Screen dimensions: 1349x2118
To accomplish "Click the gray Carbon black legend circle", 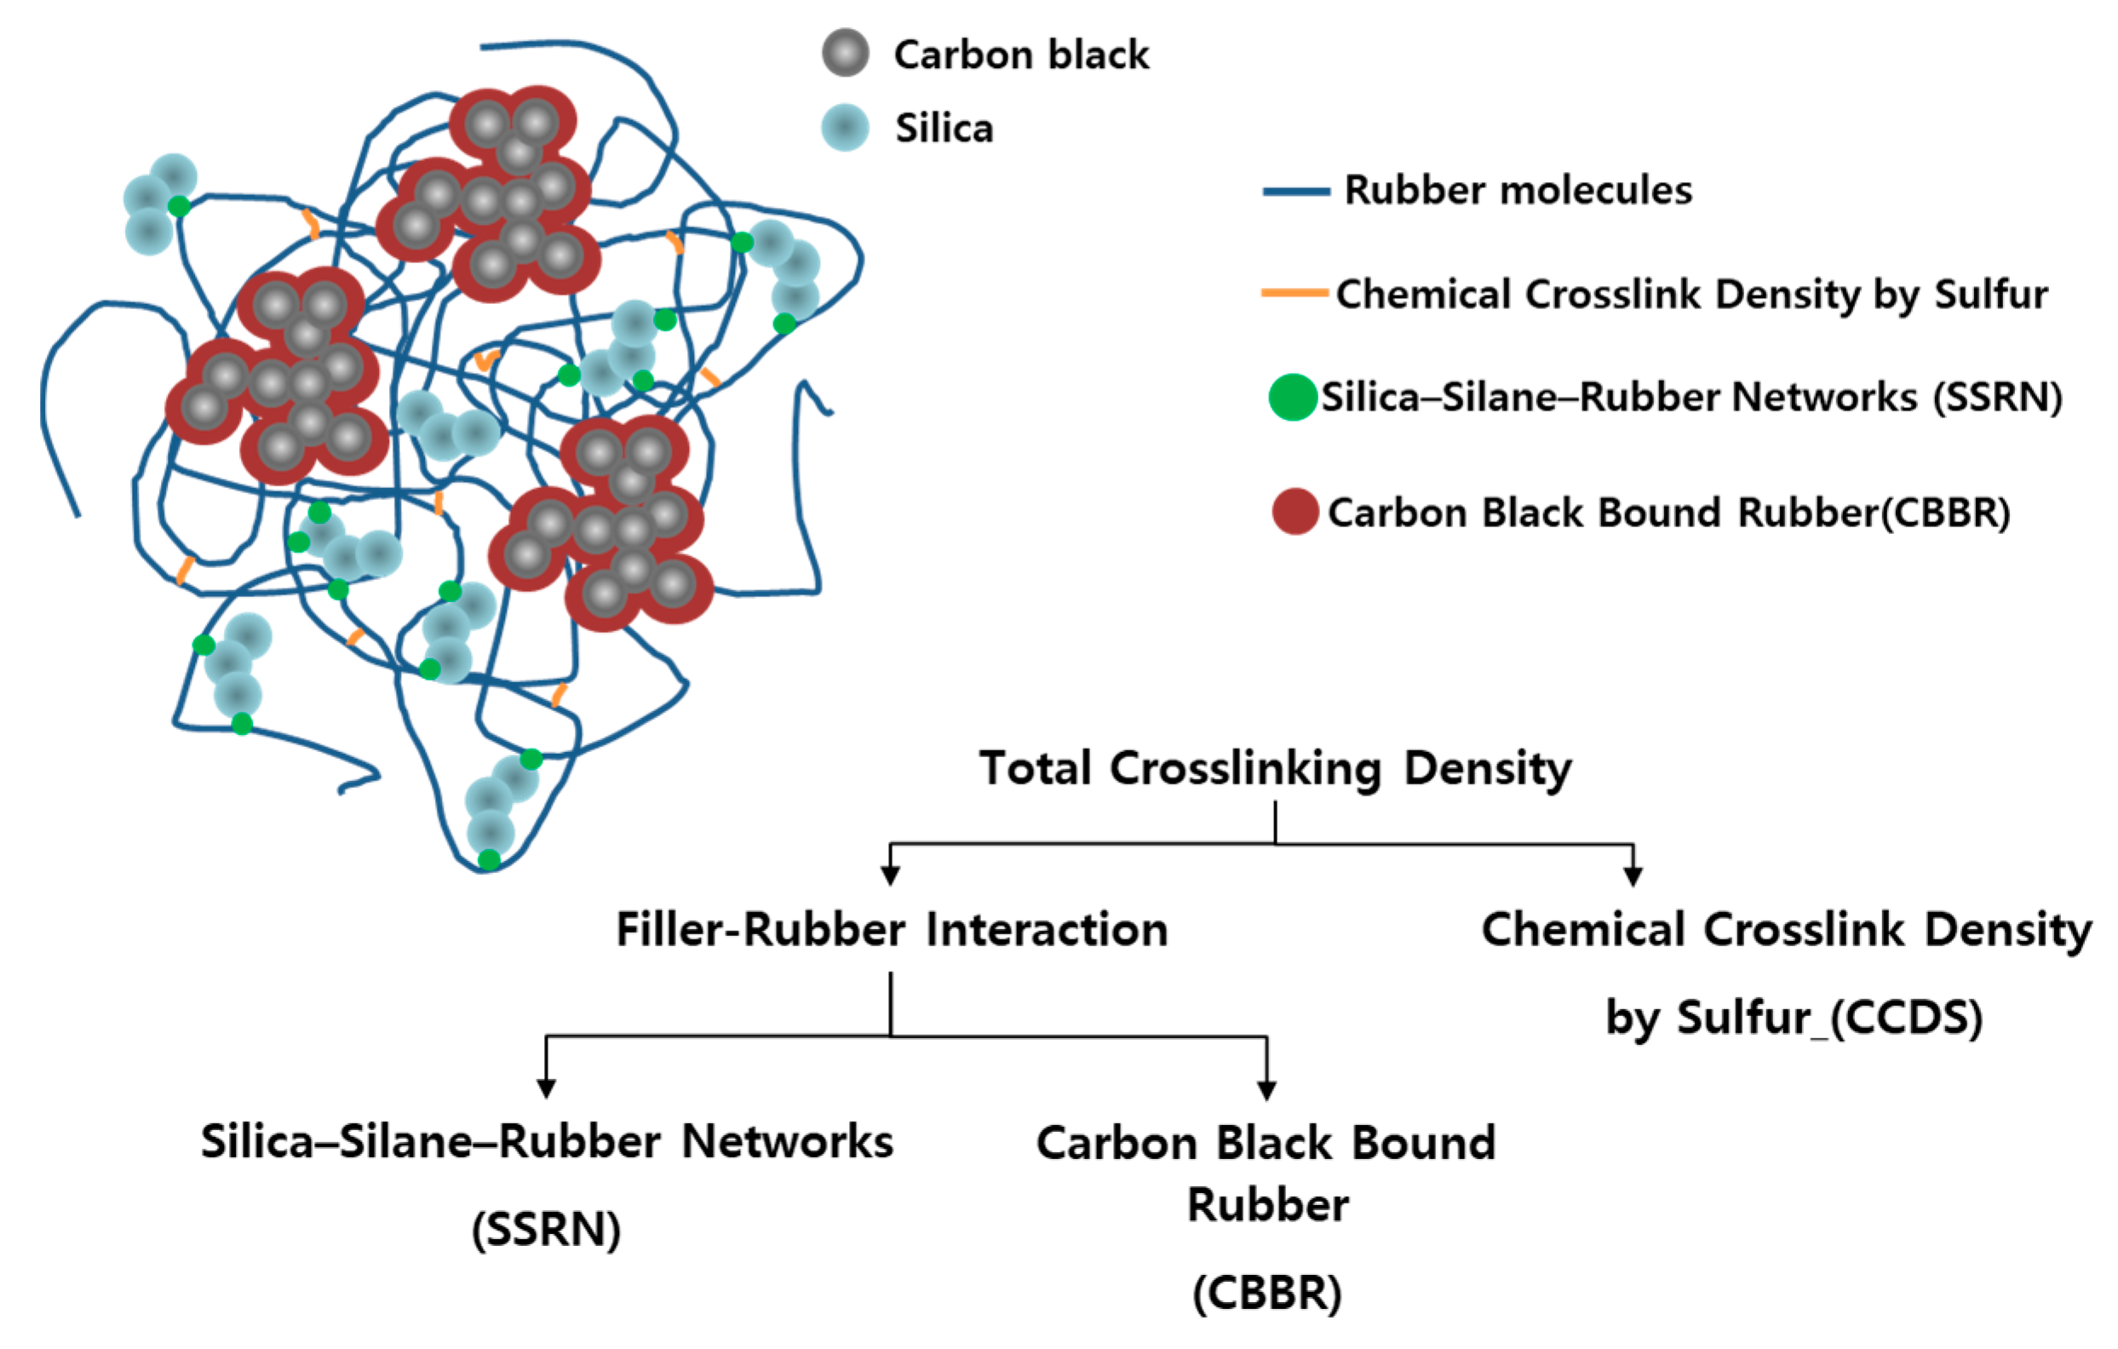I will [x=846, y=53].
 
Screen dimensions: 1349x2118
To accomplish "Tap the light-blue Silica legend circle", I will [x=846, y=128].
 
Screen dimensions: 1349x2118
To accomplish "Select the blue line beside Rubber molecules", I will [x=1295, y=192].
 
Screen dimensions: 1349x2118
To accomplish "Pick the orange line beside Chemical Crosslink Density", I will [x=1294, y=293].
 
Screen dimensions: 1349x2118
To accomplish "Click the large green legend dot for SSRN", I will [x=1292, y=397].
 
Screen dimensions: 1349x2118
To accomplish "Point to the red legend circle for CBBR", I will [x=1294, y=512].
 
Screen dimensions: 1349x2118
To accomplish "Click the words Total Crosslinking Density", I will [x=1276, y=768].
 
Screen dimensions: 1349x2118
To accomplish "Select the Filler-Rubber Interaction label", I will [x=891, y=929].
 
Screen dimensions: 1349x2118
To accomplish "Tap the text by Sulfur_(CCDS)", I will [x=1794, y=1018].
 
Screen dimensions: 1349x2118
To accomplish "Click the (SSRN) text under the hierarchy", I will [x=546, y=1230].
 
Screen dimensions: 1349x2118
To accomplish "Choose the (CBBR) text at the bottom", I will [x=1266, y=1293].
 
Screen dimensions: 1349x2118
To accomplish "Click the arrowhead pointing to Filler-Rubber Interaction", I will [x=890, y=875].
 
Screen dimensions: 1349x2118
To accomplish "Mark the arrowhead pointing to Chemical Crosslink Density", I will [x=1633, y=875].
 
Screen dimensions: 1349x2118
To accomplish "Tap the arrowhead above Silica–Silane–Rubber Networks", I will [x=546, y=1088].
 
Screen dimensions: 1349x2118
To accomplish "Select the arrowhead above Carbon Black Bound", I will [x=1266, y=1089].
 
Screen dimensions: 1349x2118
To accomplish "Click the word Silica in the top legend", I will [x=944, y=129].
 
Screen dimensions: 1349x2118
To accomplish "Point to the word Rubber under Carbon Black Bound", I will [x=1267, y=1205].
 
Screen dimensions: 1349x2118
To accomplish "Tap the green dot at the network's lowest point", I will [x=489, y=859].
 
